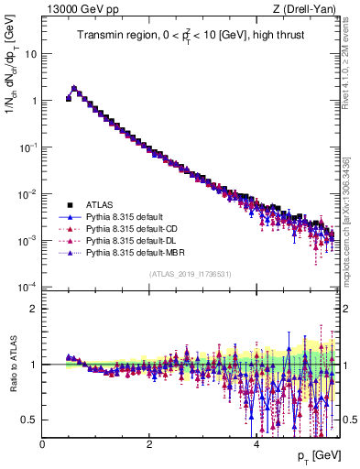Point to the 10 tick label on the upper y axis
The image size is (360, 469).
point(30,53)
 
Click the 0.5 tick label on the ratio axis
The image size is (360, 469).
point(29,420)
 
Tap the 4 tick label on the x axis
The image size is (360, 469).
point(256,443)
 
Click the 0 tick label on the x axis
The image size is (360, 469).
point(42,443)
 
